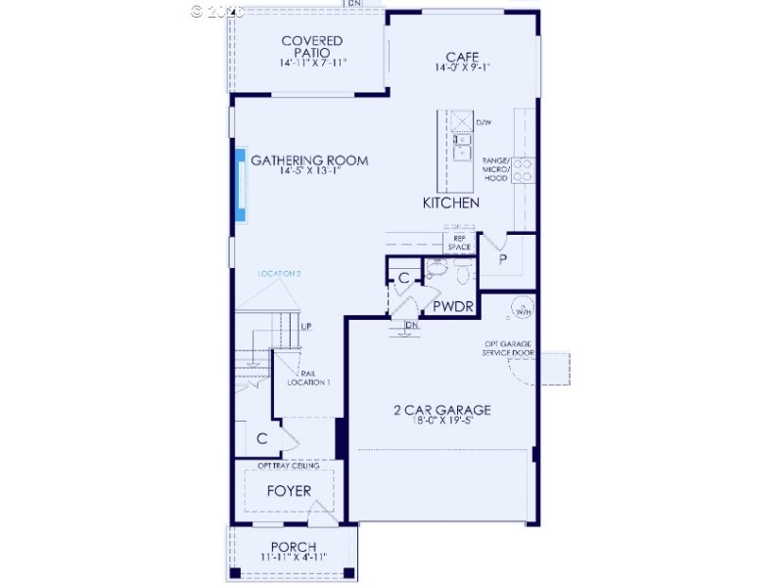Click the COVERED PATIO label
tap(312, 46)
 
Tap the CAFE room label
tap(462, 56)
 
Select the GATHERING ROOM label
tap(309, 160)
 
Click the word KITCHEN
tap(451, 203)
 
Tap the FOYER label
tap(289, 490)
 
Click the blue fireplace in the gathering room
tap(240, 185)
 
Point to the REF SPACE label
tap(459, 243)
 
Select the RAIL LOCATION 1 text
tap(308, 378)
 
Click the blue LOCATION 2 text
tap(279, 274)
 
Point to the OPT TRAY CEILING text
tap(289, 466)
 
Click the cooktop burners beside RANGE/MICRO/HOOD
tap(523, 170)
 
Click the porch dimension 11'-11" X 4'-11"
tap(293, 557)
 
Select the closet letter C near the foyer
tap(262, 439)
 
